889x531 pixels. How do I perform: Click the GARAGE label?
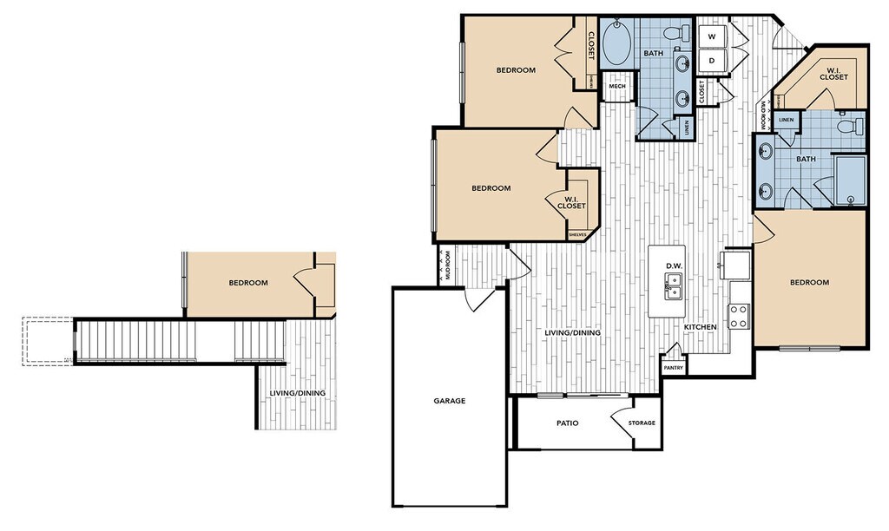pyautogui.click(x=450, y=401)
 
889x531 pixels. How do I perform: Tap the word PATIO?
pyautogui.click(x=568, y=423)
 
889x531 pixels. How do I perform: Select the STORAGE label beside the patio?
pyautogui.click(x=642, y=423)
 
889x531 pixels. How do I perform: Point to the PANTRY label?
pyautogui.click(x=674, y=368)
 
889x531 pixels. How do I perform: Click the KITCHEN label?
pyautogui.click(x=701, y=327)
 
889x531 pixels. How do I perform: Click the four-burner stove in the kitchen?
pyautogui.click(x=739, y=317)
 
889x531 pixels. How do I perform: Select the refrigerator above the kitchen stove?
pyautogui.click(x=737, y=264)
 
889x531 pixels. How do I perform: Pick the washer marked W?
pyautogui.click(x=712, y=36)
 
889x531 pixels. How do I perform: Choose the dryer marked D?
pyautogui.click(x=712, y=61)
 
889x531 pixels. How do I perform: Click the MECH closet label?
pyautogui.click(x=617, y=86)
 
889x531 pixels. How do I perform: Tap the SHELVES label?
pyautogui.click(x=577, y=234)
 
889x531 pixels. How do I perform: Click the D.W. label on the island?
pyautogui.click(x=673, y=265)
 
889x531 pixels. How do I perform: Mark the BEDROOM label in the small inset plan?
pyautogui.click(x=248, y=283)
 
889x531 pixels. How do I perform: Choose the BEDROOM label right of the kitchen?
pyautogui.click(x=809, y=282)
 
